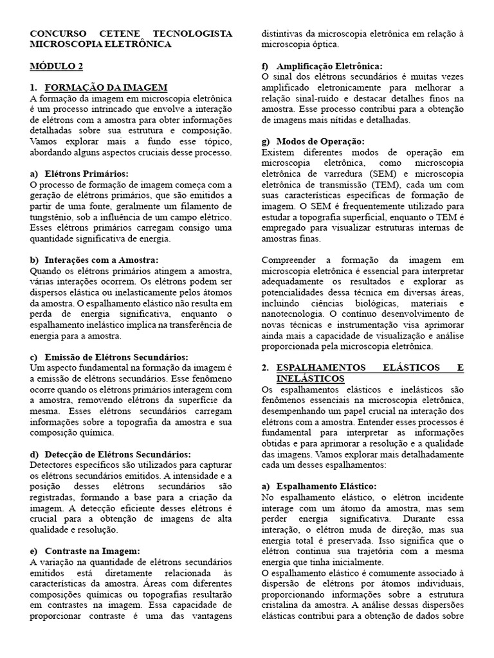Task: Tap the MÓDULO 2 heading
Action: (x=57, y=66)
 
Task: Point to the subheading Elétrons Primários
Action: (x=87, y=174)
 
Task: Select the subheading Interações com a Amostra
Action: (x=102, y=260)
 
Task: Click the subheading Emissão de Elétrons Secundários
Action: (x=116, y=357)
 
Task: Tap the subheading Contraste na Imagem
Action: (x=92, y=551)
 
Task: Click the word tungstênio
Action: (x=51, y=218)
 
